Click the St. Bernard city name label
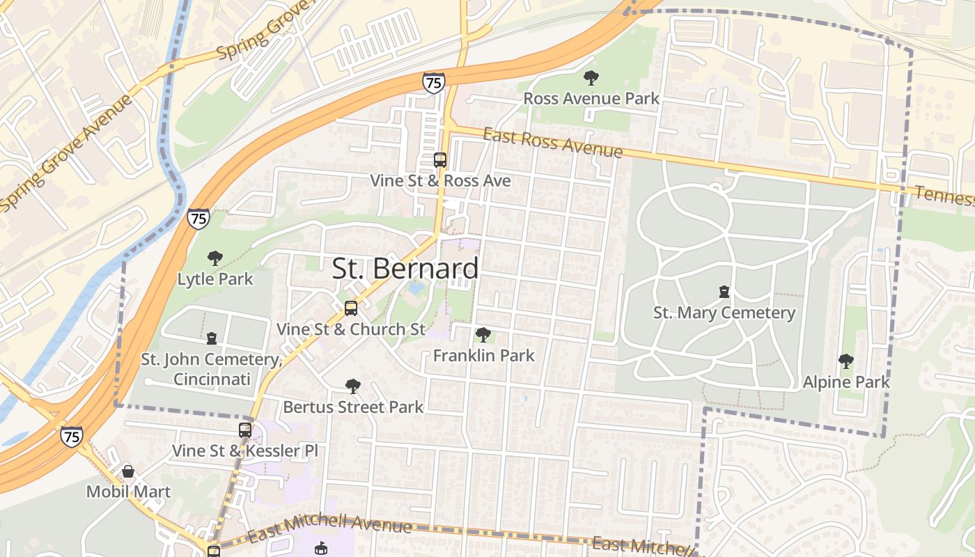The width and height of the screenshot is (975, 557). tap(405, 269)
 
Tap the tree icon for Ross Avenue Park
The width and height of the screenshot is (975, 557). tap(591, 77)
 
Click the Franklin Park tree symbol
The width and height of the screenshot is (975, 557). tap(483, 335)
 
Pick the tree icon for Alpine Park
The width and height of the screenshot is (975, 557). tap(846, 361)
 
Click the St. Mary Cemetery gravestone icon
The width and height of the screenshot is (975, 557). tap(724, 292)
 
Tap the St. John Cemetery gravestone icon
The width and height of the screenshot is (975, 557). tap(211, 338)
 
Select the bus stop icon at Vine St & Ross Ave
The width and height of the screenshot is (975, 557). tap(440, 159)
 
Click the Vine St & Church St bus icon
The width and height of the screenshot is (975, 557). tap(351, 308)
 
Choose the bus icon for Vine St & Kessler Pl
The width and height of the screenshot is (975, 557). tap(245, 430)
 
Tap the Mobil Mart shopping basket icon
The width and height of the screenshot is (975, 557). tap(128, 471)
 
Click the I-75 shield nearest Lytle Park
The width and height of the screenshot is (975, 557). tap(198, 219)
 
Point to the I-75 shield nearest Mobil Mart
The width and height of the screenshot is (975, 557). tap(71, 437)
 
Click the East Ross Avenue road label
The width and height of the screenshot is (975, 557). tap(552, 142)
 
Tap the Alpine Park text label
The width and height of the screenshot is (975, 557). tap(846, 382)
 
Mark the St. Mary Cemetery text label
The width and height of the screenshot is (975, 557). tap(724, 313)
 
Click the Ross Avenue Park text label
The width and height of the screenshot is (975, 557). tap(591, 98)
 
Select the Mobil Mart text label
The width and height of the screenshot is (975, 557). tap(128, 492)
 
